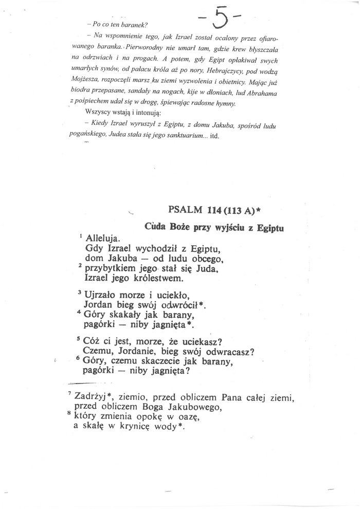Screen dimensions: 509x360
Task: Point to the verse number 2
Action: pyautogui.click(x=80, y=267)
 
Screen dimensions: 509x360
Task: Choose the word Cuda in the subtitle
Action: pyautogui.click(x=155, y=226)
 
